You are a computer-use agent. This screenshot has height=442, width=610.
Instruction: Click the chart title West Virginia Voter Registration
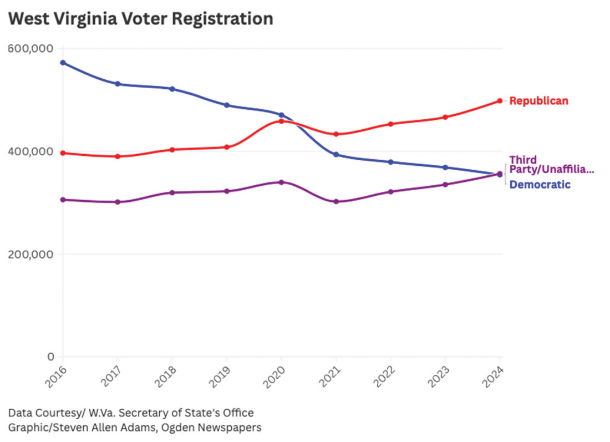coord(141,19)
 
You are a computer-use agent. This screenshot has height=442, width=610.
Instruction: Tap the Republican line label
coord(538,101)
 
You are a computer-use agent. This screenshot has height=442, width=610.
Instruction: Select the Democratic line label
coord(540,185)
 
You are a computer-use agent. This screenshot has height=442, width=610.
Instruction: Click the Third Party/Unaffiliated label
coord(551,165)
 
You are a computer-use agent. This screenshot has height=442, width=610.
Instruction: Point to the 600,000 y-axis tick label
coord(31,49)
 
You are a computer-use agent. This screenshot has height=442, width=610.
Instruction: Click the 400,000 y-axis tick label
coord(31,151)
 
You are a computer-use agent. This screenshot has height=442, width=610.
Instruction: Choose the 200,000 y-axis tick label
coord(31,255)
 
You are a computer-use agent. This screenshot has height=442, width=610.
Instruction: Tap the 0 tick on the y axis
coord(50,357)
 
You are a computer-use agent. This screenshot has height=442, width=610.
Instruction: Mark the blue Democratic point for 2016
coord(63,63)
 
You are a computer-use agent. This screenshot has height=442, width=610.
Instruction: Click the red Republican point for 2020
coord(281,121)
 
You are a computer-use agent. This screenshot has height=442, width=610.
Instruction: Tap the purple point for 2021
coord(336,201)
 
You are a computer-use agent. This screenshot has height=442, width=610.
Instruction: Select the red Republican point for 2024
coord(500,101)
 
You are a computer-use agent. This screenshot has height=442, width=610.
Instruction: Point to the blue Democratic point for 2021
coord(336,155)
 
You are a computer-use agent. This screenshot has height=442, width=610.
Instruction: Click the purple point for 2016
coord(63,200)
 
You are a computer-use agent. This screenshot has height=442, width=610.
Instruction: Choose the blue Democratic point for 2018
coord(172,89)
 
